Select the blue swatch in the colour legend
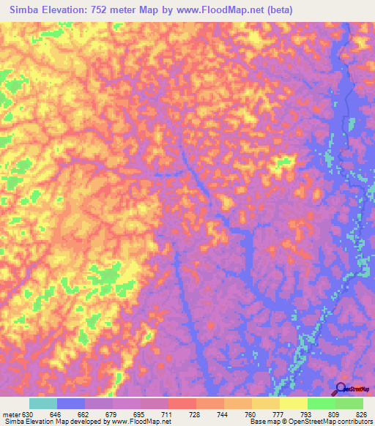(71, 403)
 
